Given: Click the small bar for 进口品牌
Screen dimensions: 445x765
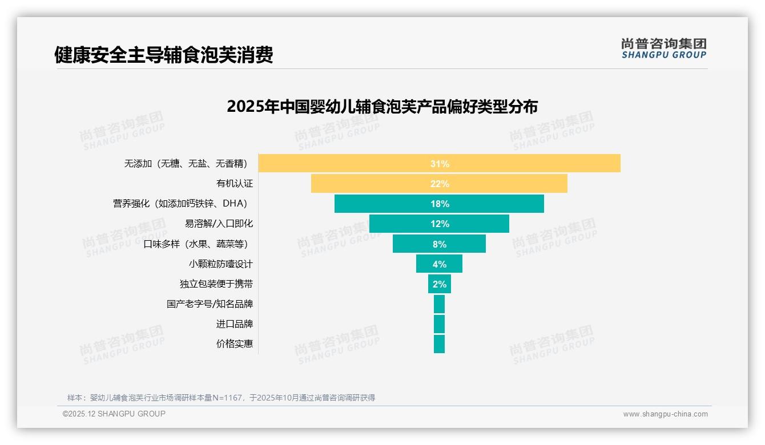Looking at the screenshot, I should point(439,324).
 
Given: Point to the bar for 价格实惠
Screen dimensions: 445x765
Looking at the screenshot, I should point(439,344).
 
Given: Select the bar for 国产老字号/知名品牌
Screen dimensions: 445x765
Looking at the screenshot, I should point(439,304).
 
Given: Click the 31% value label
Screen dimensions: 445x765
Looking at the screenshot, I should point(440,164).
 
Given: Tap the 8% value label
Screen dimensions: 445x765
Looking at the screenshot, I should point(440,244).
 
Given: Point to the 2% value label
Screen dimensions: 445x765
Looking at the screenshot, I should point(440,284).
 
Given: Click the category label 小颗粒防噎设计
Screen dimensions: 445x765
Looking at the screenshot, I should point(220,264).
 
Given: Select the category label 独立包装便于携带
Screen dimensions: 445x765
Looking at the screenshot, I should point(216,284).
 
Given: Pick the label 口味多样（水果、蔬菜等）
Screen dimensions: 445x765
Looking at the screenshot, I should point(198,244).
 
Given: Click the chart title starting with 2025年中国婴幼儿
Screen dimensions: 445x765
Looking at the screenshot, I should point(382,107).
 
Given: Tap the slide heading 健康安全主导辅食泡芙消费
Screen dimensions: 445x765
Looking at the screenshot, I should point(163,55).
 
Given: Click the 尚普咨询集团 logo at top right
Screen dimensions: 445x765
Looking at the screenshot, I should point(663,48).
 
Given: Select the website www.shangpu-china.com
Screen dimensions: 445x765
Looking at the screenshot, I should point(665,414).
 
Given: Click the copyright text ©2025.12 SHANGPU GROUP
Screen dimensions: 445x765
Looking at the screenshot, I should point(114,414).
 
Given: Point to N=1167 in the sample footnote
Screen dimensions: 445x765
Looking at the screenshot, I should point(227,398).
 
